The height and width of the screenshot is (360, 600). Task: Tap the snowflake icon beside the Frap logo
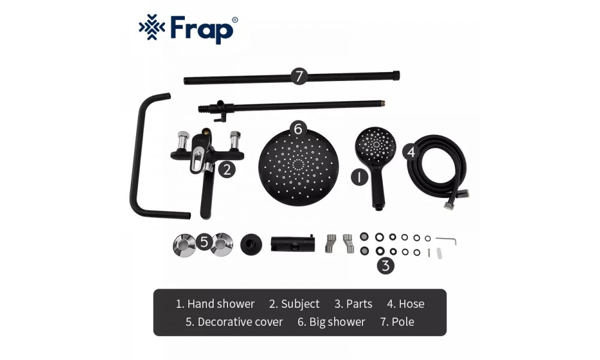click(x=152, y=27)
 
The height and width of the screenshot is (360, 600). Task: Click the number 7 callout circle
click(x=299, y=76)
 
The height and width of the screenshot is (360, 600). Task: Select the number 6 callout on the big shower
click(x=298, y=129)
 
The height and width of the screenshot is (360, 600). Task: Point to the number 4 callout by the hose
click(x=410, y=152)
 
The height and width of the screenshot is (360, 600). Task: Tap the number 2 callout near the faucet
click(x=227, y=169)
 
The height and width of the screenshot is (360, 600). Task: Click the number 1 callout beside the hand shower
click(x=359, y=177)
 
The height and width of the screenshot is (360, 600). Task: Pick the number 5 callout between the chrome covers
click(x=204, y=242)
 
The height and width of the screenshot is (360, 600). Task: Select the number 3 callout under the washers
click(x=386, y=265)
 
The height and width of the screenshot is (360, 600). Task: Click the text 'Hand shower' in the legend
click(x=221, y=304)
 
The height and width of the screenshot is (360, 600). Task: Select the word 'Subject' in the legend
click(x=300, y=304)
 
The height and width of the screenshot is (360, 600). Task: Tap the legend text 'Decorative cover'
click(x=240, y=322)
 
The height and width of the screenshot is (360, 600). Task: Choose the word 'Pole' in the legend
click(x=403, y=322)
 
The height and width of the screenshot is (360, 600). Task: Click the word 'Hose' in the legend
click(x=412, y=304)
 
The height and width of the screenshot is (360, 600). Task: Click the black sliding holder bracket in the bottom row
click(x=293, y=243)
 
